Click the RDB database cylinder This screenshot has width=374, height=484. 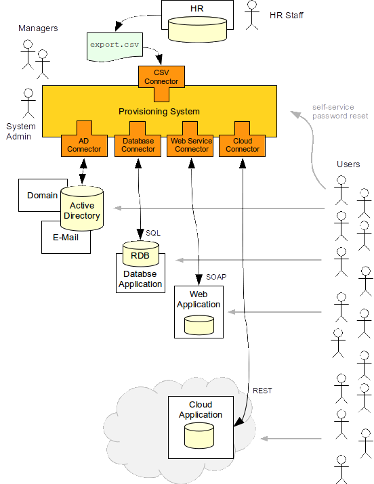(140, 254)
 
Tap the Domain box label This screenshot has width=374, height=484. (42, 196)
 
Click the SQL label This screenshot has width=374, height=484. (153, 233)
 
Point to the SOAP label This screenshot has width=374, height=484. (216, 278)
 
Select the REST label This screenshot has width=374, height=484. (262, 391)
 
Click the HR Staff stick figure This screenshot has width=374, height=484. (253, 15)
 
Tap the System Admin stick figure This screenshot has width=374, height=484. (28, 103)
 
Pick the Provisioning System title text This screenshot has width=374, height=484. (159, 111)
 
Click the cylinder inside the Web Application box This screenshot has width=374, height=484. (199, 324)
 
